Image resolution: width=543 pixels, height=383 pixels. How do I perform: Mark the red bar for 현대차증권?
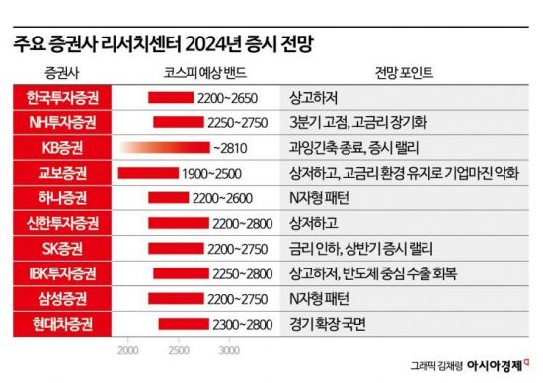[181, 323]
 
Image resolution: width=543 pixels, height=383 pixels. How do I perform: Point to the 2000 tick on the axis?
[127, 350]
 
